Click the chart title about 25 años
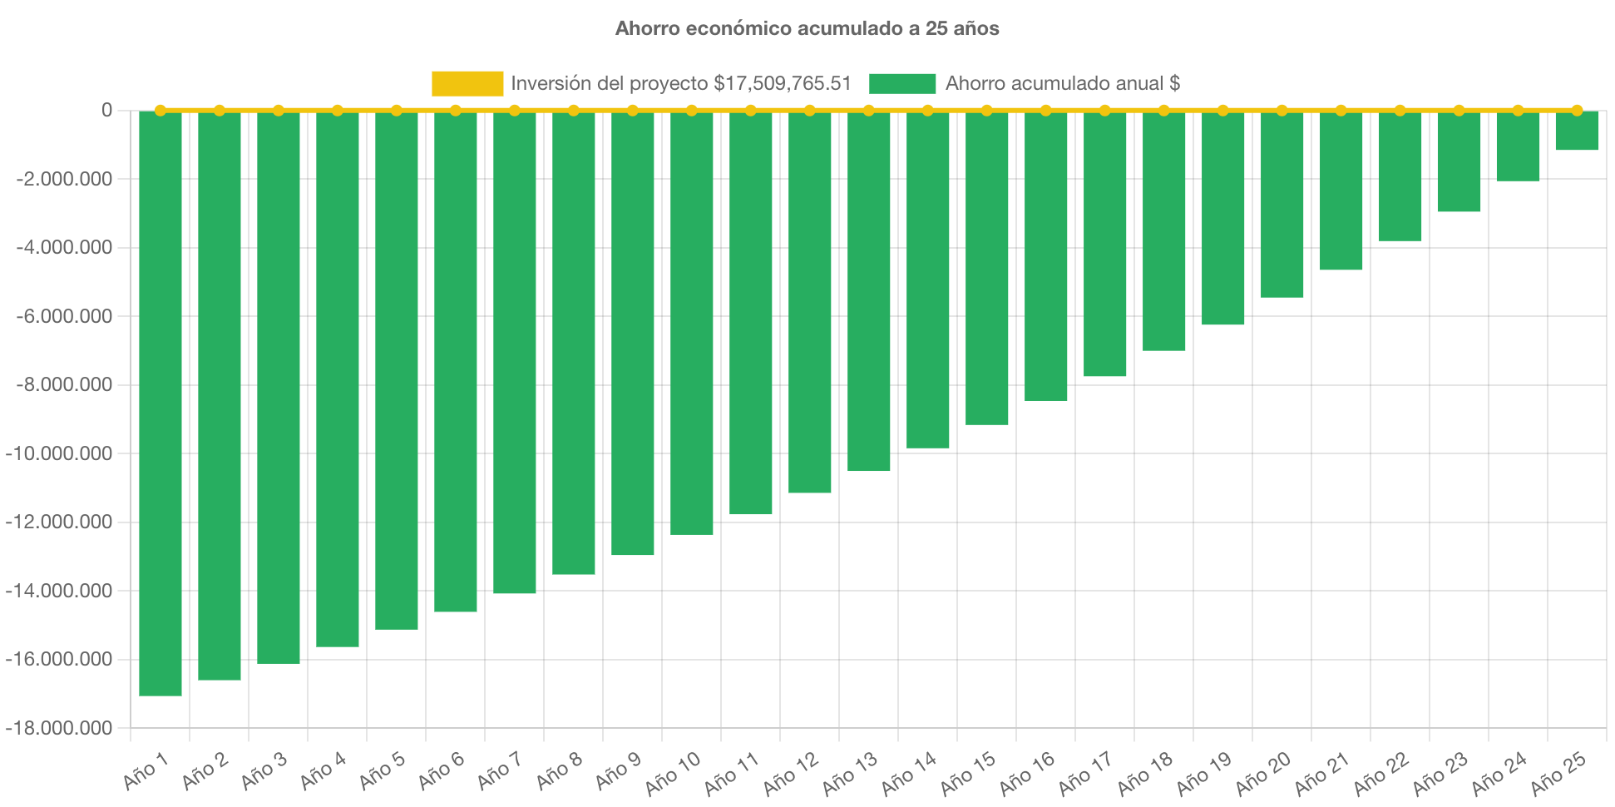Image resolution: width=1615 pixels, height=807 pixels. [x=807, y=28]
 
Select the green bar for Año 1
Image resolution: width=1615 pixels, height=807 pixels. [x=161, y=403]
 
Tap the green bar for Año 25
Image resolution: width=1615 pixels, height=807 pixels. [x=1577, y=131]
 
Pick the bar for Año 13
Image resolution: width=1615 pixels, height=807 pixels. [x=869, y=291]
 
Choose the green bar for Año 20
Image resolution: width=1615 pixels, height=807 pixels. [x=1282, y=204]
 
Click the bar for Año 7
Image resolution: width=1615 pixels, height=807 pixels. [x=515, y=352]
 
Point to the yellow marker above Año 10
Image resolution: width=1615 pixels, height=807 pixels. [x=692, y=110]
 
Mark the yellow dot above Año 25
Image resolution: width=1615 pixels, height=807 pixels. [x=1577, y=110]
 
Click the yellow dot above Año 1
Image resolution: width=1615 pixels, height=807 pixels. [x=161, y=110]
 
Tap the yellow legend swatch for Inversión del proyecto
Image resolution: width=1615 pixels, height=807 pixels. [x=467, y=83]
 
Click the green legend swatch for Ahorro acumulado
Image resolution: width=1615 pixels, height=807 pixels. [x=902, y=83]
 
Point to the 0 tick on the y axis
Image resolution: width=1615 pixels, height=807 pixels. [x=106, y=110]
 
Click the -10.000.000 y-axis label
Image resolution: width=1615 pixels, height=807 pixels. [x=59, y=453]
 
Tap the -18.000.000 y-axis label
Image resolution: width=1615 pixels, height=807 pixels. [x=59, y=728]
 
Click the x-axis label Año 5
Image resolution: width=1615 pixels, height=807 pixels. [x=382, y=770]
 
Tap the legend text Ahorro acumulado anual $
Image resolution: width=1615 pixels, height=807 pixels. [x=1062, y=83]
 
